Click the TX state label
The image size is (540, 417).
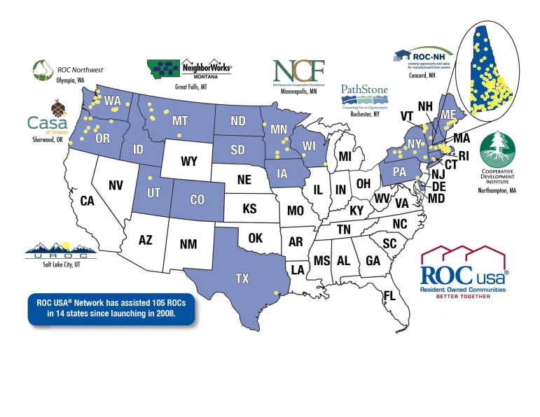[242, 278]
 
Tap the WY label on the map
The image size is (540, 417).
[188, 162]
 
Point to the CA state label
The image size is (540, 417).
[87, 202]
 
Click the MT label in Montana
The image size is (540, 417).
[180, 122]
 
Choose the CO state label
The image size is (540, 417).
[198, 199]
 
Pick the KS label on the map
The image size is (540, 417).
[250, 208]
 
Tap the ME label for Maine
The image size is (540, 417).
[448, 115]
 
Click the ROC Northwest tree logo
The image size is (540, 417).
[43, 70]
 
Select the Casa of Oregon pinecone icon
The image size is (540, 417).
[58, 108]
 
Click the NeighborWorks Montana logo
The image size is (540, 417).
[189, 69]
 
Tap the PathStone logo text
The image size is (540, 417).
[364, 90]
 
